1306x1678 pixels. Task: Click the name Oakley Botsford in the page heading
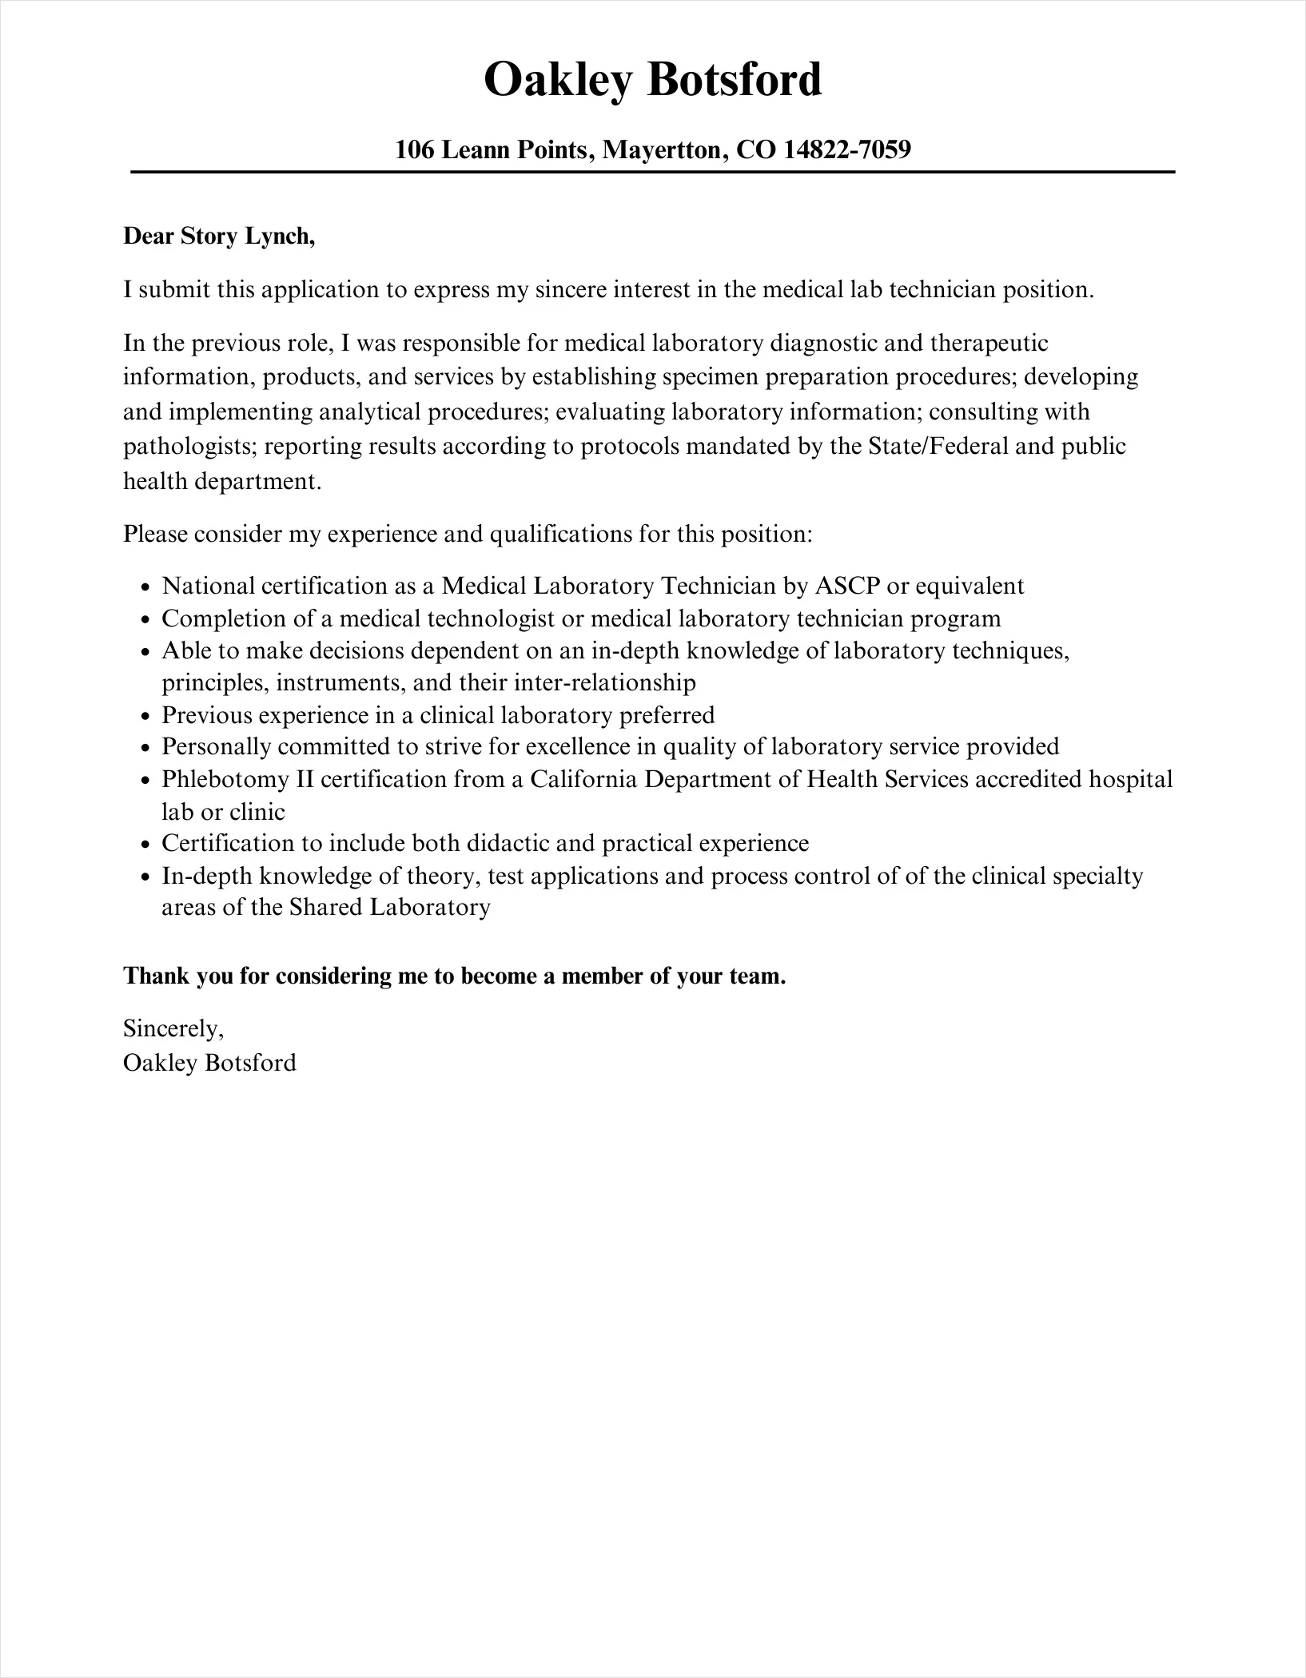(x=652, y=80)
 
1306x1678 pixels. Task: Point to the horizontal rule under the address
(x=652, y=172)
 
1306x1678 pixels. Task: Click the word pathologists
(x=189, y=446)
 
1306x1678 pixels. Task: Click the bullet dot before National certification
(x=145, y=588)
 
